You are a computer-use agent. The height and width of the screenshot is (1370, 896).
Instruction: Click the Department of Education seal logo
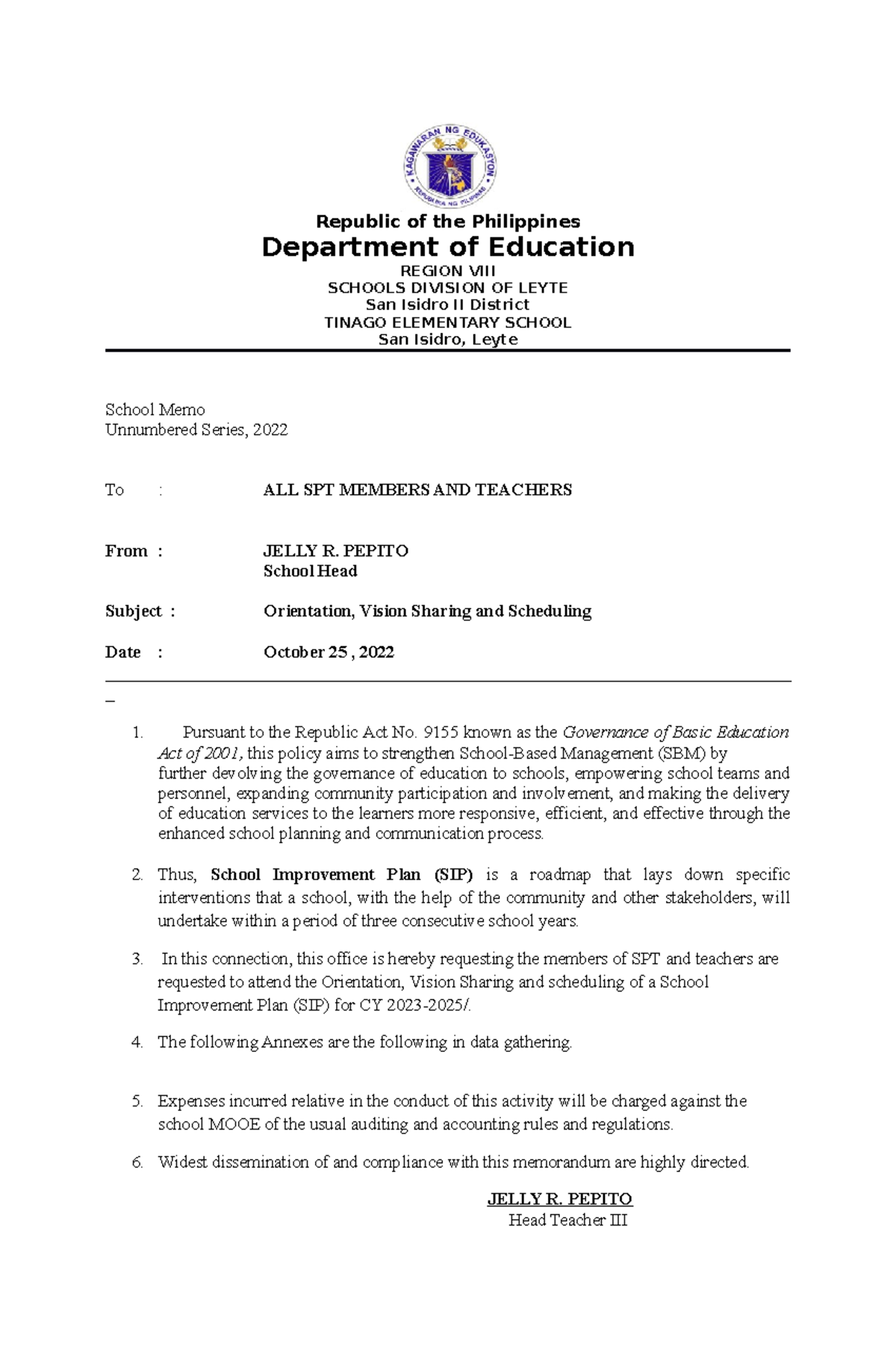[449, 166]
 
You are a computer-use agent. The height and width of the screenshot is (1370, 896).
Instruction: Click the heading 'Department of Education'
[448, 247]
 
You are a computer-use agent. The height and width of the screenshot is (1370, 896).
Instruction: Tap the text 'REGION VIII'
[448, 271]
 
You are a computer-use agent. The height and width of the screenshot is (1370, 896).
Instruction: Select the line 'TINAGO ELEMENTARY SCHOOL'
[448, 323]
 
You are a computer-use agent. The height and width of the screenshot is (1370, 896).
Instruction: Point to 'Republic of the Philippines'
[448, 222]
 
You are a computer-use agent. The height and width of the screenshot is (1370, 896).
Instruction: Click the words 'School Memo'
[155, 409]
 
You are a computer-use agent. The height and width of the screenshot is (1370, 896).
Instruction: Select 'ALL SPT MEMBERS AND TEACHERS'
[417, 490]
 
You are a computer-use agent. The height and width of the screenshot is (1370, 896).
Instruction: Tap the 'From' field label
[126, 551]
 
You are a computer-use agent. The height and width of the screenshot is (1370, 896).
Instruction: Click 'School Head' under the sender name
[310, 571]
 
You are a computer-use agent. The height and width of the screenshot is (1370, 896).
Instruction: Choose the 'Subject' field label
[134, 611]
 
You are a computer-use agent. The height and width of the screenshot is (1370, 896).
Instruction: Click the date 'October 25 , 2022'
[329, 652]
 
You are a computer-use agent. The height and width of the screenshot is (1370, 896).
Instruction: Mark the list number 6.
[137, 1162]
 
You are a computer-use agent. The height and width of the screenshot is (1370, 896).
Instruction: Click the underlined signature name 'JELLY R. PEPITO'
[559, 1199]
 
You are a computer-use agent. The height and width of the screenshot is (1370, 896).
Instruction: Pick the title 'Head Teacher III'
[567, 1220]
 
